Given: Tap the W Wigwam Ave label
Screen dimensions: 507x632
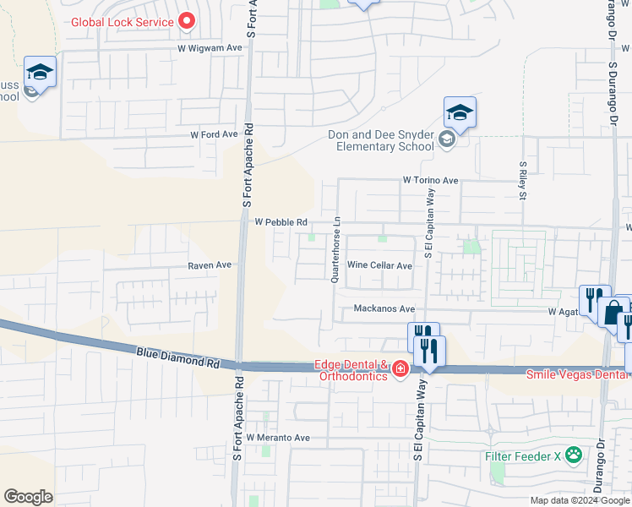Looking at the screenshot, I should pos(210,48).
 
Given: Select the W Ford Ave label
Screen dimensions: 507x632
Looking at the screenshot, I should pos(214,134).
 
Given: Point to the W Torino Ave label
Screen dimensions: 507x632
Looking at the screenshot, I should pos(430,180).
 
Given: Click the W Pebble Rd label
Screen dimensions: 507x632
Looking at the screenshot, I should pos(280,221).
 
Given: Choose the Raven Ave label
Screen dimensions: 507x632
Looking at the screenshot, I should pos(210,264).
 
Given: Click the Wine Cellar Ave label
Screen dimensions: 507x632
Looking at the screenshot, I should pos(379,265).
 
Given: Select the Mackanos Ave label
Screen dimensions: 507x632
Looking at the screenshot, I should pos(384,308).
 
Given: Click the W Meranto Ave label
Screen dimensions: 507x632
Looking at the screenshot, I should pos(278,438).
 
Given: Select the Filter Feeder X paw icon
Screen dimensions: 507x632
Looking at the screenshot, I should pos(574,455).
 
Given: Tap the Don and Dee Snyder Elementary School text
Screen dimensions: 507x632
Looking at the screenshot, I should pos(381,140).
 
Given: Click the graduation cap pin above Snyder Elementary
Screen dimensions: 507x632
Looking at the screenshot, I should pos(460,113).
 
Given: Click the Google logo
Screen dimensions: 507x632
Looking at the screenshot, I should pos(28,497).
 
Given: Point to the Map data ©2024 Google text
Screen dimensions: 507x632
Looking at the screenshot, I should pos(579,500).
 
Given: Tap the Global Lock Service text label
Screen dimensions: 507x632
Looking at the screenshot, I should pos(123,23).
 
